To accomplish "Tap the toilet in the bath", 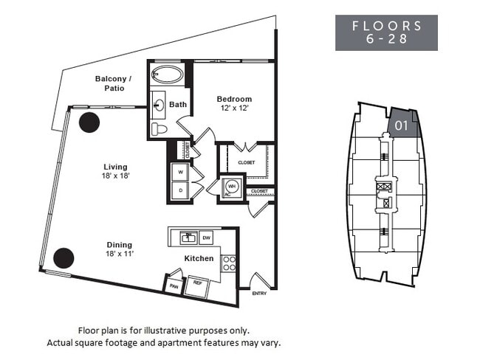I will click(159, 128).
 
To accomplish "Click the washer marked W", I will click(179, 170).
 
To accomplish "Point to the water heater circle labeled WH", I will click(231, 187).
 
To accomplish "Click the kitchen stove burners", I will click(229, 263).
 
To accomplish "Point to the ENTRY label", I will click(260, 294).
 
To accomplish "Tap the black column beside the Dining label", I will click(64, 257).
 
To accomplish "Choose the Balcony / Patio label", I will click(113, 83).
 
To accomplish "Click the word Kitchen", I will click(199, 258).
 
